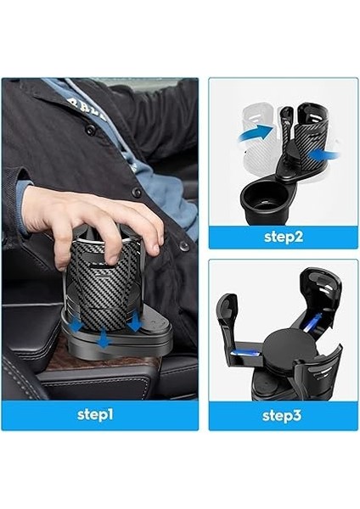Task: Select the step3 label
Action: tap(283, 415)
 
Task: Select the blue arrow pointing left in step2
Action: tap(325, 154)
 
